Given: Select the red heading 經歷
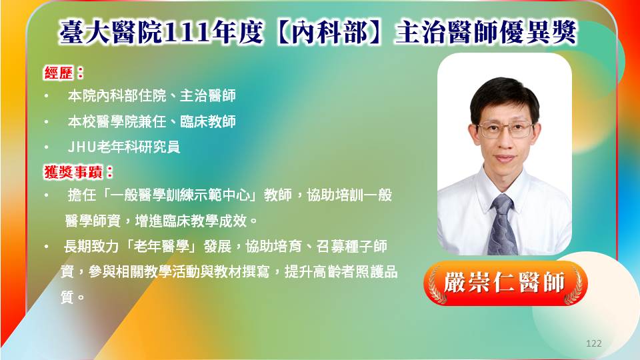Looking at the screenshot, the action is click(59, 73).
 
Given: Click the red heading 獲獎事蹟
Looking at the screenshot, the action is click(73, 172).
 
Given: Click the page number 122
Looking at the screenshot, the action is click(593, 343).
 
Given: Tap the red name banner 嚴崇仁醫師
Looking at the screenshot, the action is click(505, 283).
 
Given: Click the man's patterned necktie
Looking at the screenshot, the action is click(503, 225).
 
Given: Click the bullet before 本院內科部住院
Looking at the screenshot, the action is click(47, 97).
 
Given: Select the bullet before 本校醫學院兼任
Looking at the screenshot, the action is click(47, 122).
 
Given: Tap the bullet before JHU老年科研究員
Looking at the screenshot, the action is click(47, 147).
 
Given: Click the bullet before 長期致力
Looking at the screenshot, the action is click(47, 247).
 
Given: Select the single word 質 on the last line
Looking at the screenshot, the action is click(67, 297).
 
